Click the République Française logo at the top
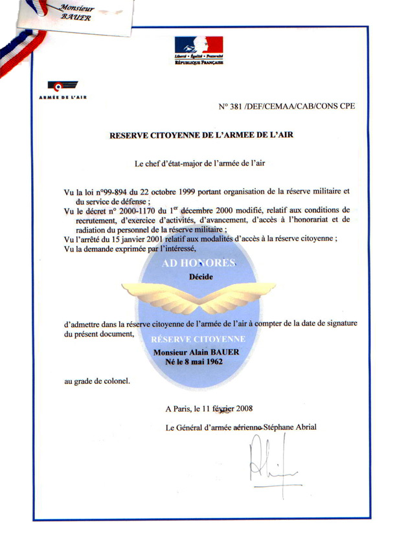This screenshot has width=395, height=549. pyautogui.click(x=198, y=50)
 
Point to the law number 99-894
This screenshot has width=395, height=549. pyautogui.click(x=112, y=191)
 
